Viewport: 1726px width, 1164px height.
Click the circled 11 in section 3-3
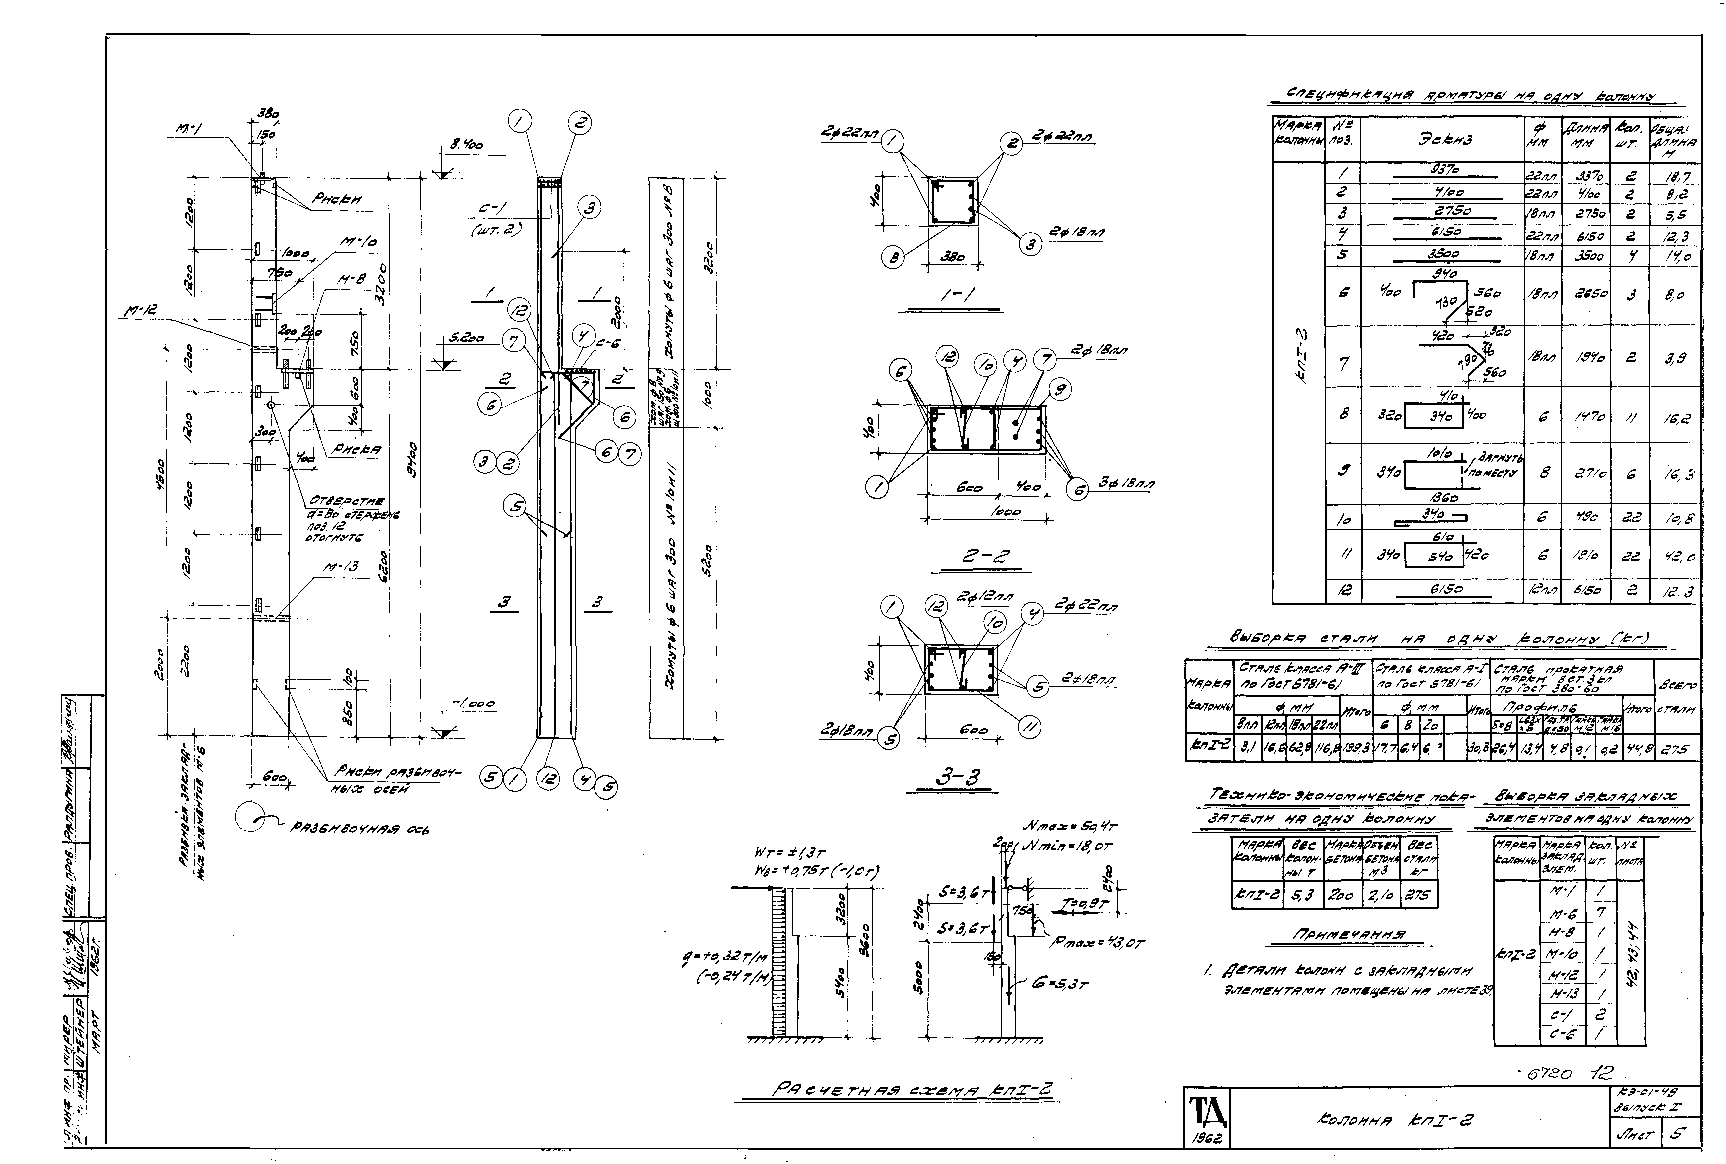pos(1028,727)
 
